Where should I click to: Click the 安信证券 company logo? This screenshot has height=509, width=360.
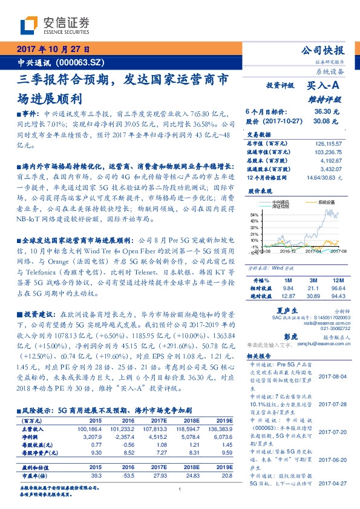click(x=54, y=24)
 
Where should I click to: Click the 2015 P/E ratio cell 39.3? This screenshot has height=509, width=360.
click(x=96, y=476)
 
